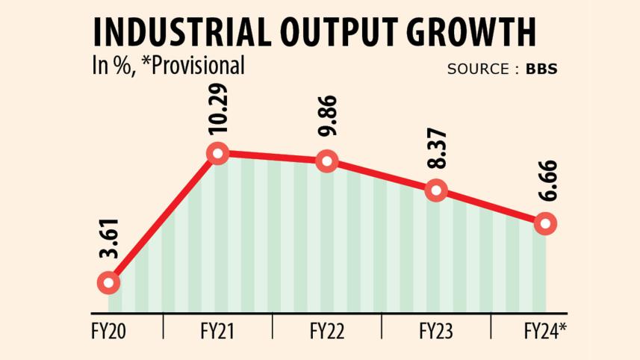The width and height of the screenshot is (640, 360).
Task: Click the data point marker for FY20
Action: pos(108,282)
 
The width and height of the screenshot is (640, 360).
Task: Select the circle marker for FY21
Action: pos(217,154)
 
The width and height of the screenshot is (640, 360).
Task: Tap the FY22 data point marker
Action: pos(326,161)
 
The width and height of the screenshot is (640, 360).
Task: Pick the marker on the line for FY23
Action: pos(436,190)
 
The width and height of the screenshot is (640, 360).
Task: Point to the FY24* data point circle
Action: pos(545,223)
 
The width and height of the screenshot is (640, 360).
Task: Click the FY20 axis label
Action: pos(109,330)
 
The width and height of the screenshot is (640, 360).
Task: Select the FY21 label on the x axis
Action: pos(218,330)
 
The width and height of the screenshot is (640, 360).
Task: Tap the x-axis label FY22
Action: pos(327,330)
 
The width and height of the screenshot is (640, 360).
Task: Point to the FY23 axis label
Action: pos(436,330)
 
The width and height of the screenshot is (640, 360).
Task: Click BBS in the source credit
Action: pos(541,69)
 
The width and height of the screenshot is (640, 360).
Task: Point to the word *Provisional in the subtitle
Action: pos(199,66)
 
